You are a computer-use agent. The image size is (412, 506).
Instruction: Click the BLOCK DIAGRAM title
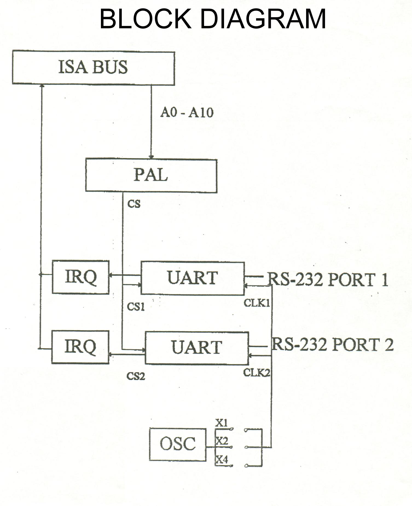(x=213, y=19)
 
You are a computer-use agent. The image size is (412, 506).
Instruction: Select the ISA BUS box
(x=93, y=67)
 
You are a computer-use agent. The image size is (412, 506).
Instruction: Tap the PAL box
(x=151, y=175)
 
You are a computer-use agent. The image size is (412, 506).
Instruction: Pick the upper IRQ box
(x=80, y=277)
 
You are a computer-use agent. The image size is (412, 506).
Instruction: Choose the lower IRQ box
(x=80, y=347)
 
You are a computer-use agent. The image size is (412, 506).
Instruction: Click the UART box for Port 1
(x=192, y=278)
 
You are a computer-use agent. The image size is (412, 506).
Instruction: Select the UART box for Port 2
(x=196, y=348)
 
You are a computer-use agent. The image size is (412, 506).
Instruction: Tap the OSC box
(x=178, y=444)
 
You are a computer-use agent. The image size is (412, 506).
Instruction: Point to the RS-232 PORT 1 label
(x=327, y=280)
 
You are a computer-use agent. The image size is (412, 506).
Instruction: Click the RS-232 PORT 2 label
(x=332, y=345)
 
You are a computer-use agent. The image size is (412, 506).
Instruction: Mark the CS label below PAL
(x=134, y=204)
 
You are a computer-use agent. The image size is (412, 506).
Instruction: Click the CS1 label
(x=136, y=307)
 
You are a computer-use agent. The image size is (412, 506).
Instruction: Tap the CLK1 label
(x=257, y=303)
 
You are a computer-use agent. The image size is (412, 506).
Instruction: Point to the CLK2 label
(x=257, y=372)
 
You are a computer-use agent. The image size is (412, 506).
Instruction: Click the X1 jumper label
(x=221, y=423)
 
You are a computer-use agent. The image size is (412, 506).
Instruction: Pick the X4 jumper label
(x=222, y=460)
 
